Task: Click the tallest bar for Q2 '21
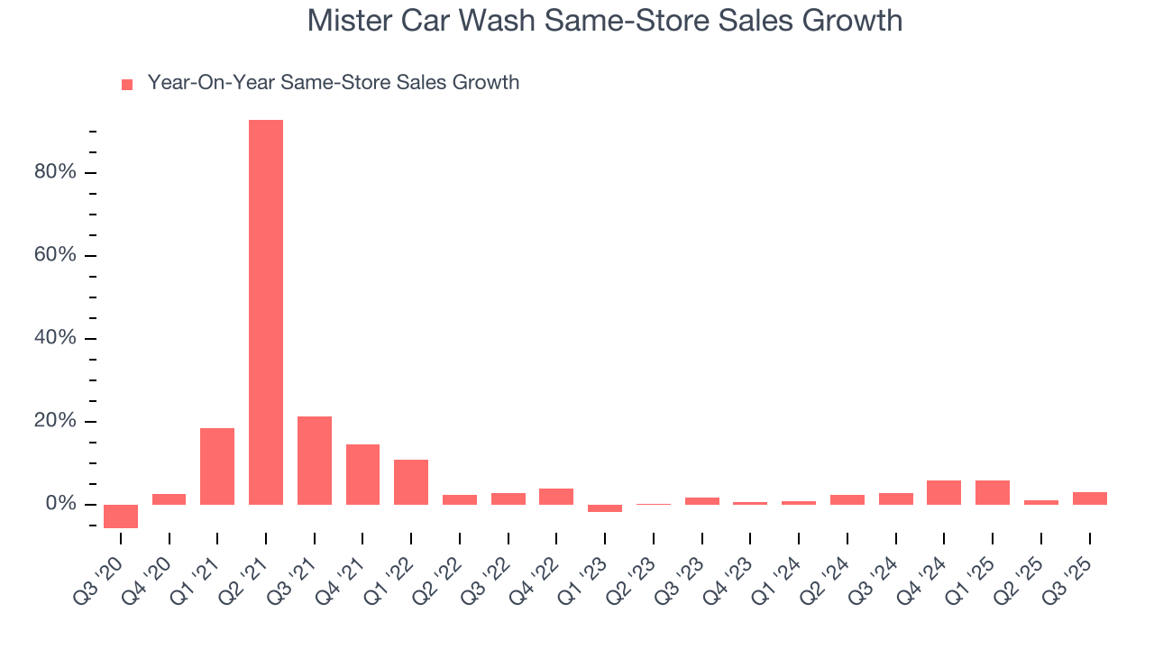[x=266, y=312]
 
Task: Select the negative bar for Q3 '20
[x=121, y=516]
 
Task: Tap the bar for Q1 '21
[x=217, y=466]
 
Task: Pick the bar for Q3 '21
[x=315, y=460]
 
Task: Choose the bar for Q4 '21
[x=362, y=474]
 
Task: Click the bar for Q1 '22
[x=411, y=481]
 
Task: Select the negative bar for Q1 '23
[x=605, y=508]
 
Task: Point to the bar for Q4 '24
[x=944, y=492]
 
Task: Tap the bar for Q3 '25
[x=1089, y=498]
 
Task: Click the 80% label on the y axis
[x=55, y=172]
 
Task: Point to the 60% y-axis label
[x=55, y=255]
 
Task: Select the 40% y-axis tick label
[x=55, y=338]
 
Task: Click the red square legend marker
[x=127, y=84]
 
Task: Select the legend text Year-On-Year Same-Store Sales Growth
[x=333, y=83]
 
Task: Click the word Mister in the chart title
[x=347, y=20]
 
